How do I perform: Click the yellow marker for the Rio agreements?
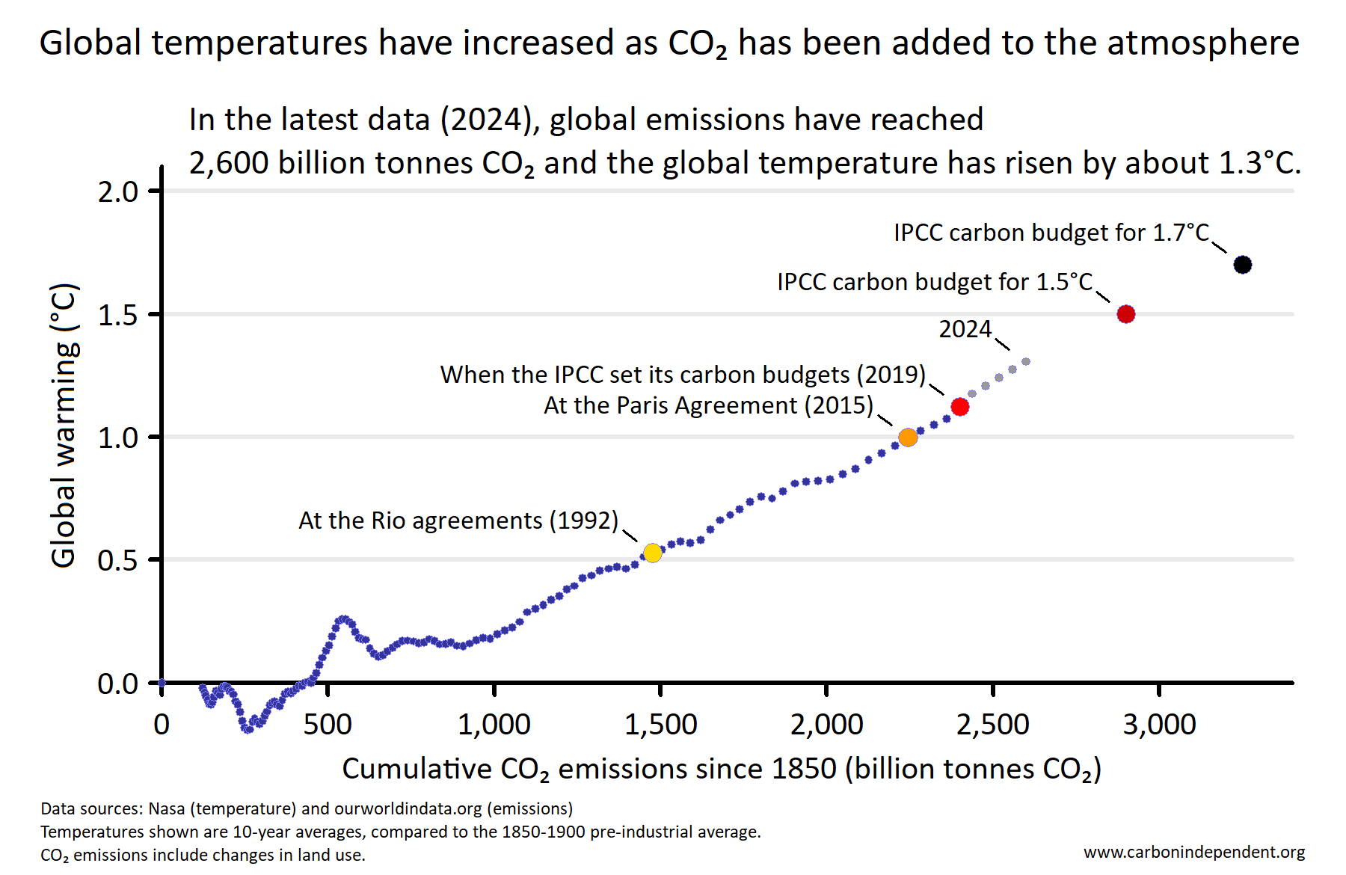coord(652,553)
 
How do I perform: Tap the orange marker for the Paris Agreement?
coord(908,437)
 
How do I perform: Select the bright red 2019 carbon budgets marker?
coord(960,407)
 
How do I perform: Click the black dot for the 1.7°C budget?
coord(1242,265)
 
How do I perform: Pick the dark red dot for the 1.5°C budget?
coord(1125,314)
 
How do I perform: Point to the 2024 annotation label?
coord(965,329)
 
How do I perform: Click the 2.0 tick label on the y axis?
coord(118,192)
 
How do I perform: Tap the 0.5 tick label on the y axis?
coord(118,560)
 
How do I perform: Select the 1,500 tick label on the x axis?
coord(660,724)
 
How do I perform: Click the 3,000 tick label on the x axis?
coord(1159,724)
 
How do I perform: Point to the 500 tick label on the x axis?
coord(328,724)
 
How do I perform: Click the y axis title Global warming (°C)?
coord(64,425)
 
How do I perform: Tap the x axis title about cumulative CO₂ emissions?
coord(722,769)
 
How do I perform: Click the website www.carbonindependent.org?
coord(1193,852)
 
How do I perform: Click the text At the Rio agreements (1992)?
coord(458,521)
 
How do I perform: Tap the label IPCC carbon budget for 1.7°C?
coord(1051,233)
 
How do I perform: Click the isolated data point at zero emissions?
coord(162,683)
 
